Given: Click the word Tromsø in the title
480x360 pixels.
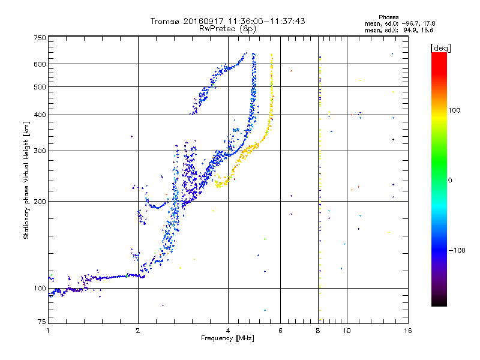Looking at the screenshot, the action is (x=165, y=21).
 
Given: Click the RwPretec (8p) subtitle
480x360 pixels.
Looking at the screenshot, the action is (x=227, y=29).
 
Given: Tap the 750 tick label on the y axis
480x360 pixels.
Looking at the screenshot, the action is (x=40, y=38).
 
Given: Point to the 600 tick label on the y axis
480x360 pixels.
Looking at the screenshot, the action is (x=40, y=64).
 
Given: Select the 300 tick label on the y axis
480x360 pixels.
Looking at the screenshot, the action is (x=40, y=151).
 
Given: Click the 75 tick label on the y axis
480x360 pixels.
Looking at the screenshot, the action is (x=42, y=322).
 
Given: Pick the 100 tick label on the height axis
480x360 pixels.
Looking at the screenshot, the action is (x=40, y=288).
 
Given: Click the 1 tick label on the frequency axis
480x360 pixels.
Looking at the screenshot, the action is (x=48, y=331).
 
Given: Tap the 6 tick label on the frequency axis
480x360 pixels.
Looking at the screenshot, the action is (x=280, y=331).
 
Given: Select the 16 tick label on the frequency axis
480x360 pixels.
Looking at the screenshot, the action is (x=408, y=331).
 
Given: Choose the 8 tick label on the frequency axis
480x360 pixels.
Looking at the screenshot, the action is (x=318, y=331).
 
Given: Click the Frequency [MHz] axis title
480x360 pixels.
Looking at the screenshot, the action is (x=227, y=338).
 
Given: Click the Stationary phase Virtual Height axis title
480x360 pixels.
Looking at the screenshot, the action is (x=26, y=181).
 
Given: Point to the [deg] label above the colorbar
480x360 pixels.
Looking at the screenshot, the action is (x=440, y=48).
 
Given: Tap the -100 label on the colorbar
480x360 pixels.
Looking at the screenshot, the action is (x=457, y=250).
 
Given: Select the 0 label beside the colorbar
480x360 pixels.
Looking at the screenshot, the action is (x=450, y=180).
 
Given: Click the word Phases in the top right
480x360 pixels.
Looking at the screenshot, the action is (x=388, y=17).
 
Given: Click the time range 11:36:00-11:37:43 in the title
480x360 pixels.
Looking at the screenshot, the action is (x=266, y=21).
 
